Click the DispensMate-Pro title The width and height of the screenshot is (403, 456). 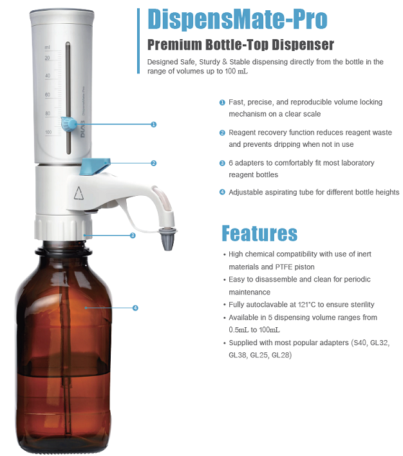tap(238, 19)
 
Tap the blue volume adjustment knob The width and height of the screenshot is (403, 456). tap(69, 124)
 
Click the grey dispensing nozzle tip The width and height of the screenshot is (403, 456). tap(168, 240)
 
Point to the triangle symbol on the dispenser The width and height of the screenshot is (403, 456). tap(79, 193)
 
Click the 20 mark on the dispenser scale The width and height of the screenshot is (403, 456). tap(47, 58)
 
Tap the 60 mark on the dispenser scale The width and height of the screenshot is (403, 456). tap(48, 95)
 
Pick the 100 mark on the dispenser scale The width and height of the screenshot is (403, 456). tap(48, 132)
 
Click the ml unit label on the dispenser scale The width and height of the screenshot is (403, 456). tap(47, 48)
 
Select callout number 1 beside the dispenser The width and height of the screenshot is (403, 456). tap(154, 124)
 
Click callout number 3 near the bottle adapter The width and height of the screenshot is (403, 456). tap(133, 235)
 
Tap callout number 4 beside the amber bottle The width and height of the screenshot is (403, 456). tap(135, 308)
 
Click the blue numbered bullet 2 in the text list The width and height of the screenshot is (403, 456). tap(222, 133)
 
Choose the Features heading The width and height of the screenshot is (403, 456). tap(259, 233)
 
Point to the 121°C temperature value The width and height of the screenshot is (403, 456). tap(307, 305)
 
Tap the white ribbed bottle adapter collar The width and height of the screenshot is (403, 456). tap(63, 228)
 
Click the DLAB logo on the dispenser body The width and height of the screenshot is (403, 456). tap(83, 129)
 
